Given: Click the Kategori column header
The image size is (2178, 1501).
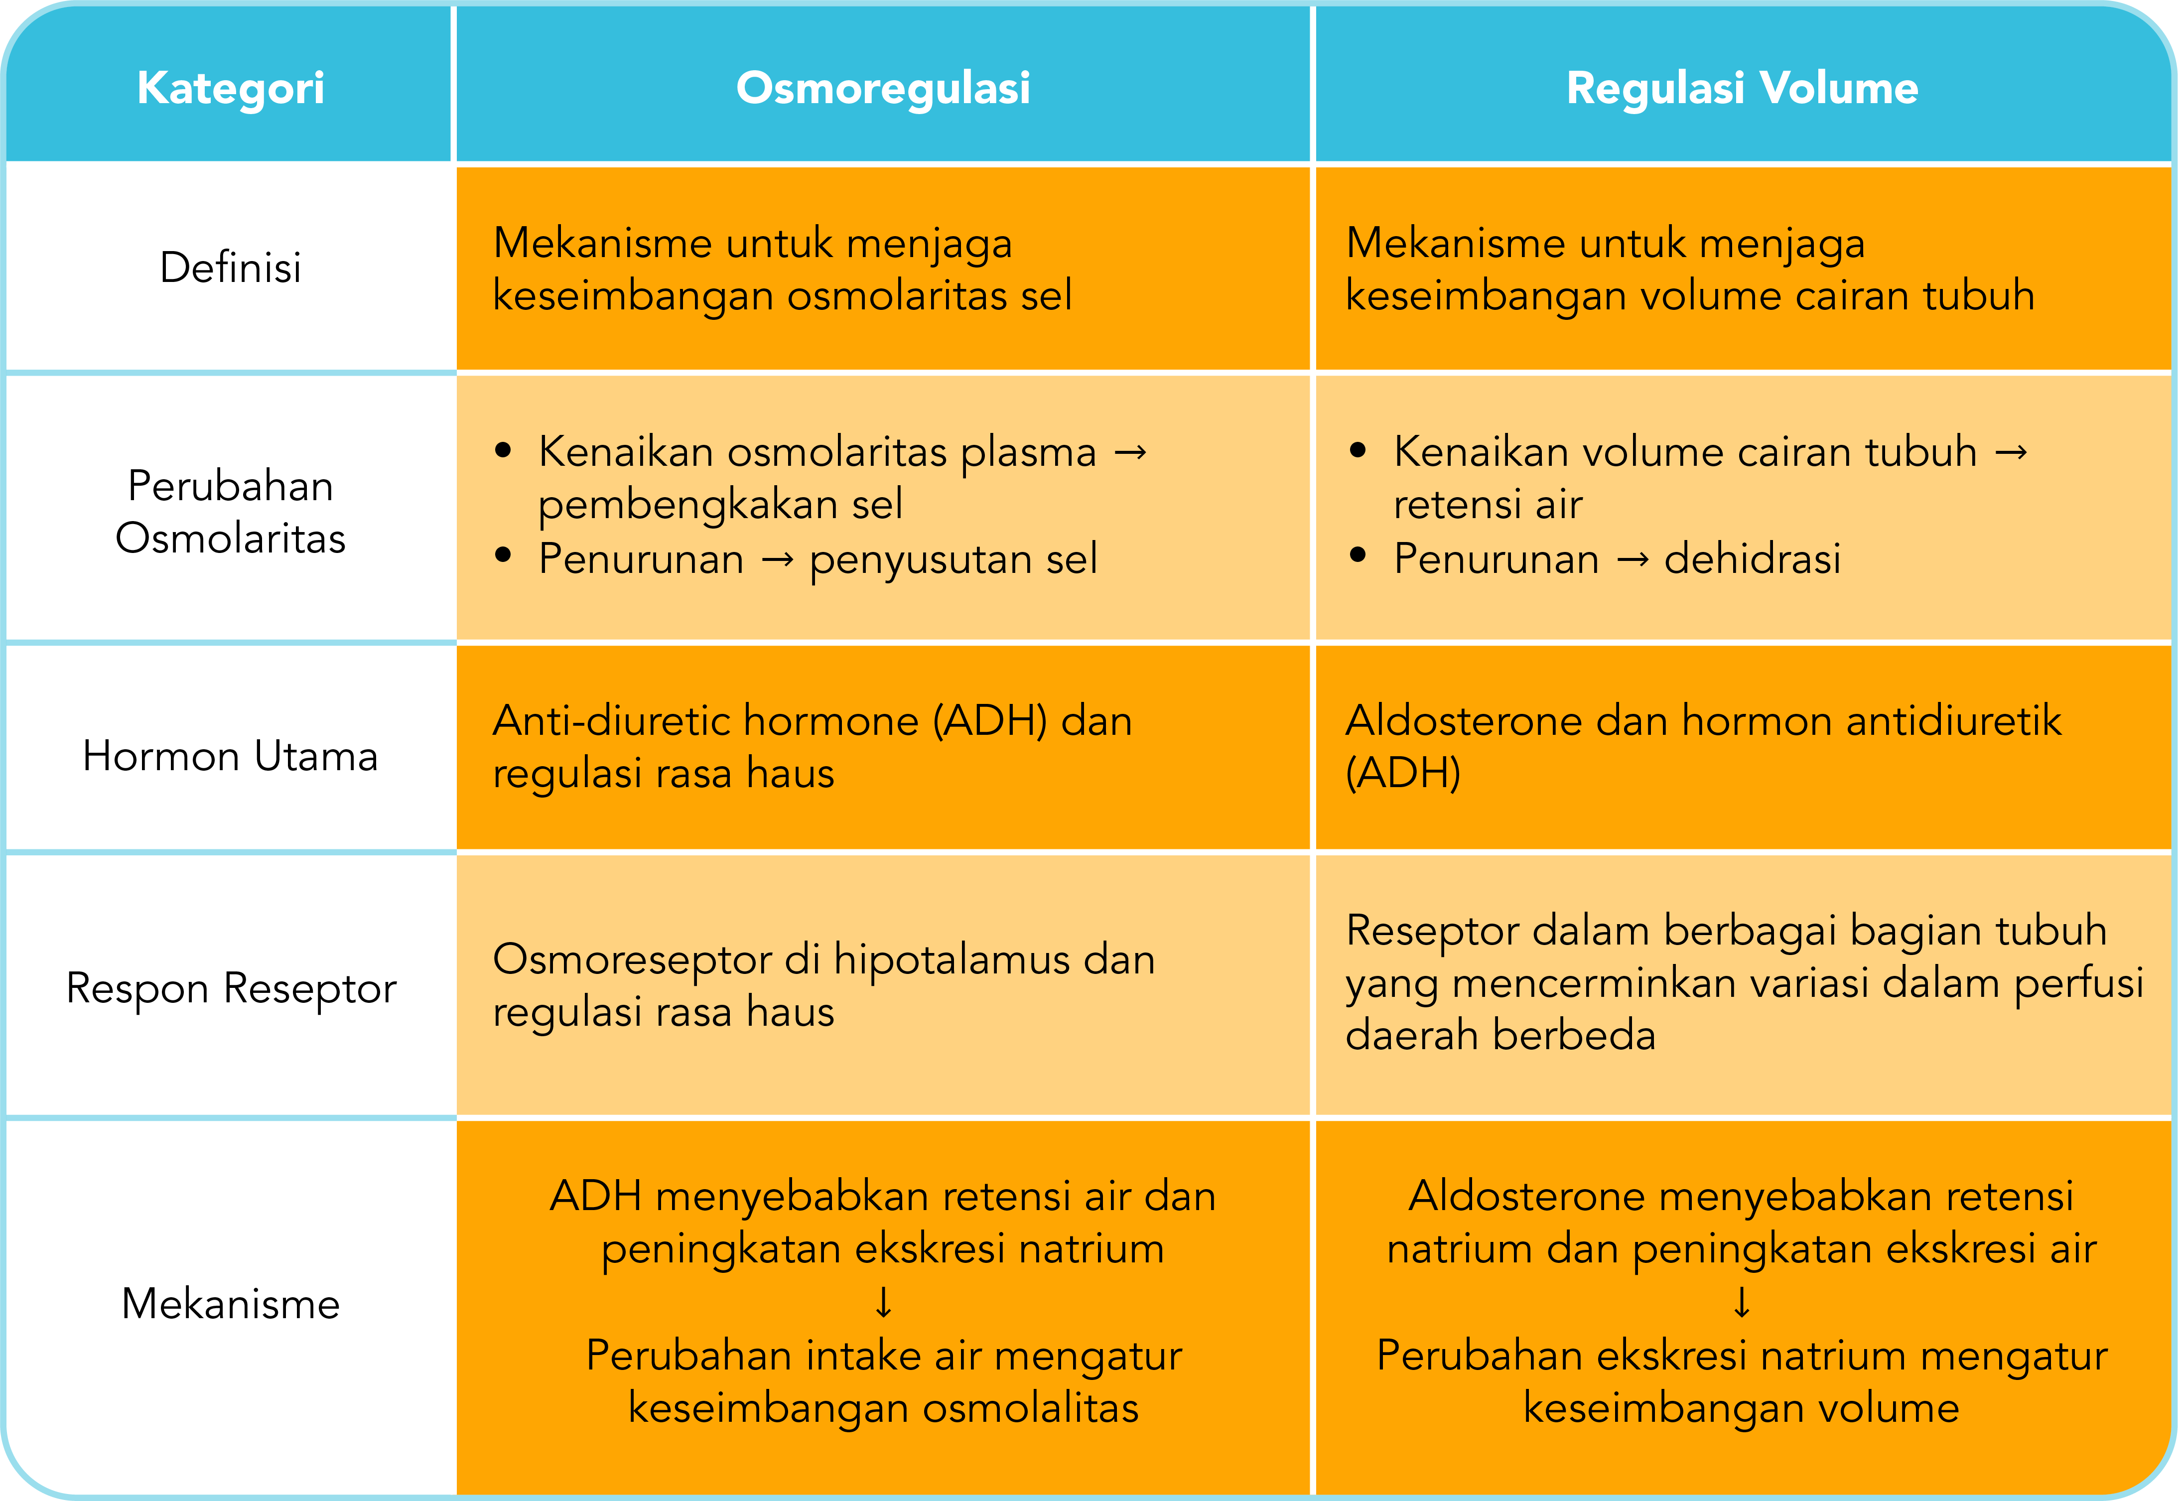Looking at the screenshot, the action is coord(230,88).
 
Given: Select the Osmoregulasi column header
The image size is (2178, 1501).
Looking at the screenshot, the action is coord(883,88).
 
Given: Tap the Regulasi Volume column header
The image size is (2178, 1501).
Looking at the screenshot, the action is coord(1742,88).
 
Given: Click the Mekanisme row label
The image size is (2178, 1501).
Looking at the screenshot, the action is coord(230,1304).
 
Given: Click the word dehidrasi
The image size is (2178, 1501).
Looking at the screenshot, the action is coord(1752,558).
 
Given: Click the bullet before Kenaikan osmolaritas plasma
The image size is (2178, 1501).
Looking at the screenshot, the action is coord(503,451).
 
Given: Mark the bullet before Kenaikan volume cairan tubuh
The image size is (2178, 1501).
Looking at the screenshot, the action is coord(1357,451).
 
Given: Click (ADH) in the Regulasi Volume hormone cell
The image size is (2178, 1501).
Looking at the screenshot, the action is coord(1403,773).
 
